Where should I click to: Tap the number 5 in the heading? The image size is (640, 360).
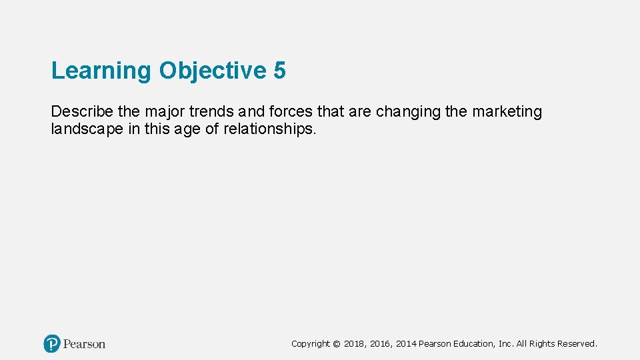point(279,71)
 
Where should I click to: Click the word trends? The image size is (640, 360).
point(211,111)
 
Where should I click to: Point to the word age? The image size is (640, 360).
point(188,129)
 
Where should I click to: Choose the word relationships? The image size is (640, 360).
point(269,129)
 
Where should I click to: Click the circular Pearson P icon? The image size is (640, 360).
point(52,344)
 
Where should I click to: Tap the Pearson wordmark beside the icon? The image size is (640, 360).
point(84,344)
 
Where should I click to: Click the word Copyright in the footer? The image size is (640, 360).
point(311,344)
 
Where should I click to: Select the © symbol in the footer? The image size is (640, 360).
point(337,344)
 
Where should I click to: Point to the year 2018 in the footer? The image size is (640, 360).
point(355,344)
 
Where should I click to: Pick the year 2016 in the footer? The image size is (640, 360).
point(381,344)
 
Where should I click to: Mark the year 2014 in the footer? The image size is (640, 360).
point(406,344)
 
